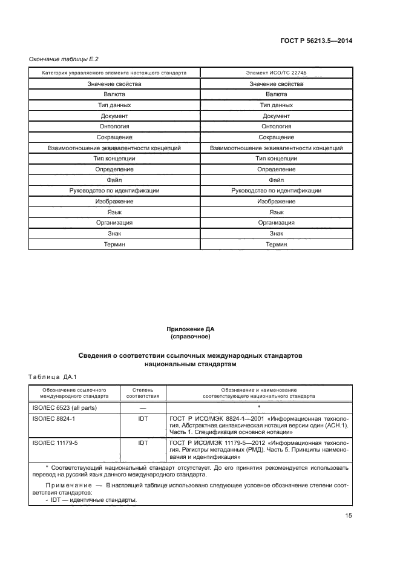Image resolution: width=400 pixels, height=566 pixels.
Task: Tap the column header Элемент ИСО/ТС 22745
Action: (276, 73)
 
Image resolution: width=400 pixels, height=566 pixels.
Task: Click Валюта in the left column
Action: (114, 94)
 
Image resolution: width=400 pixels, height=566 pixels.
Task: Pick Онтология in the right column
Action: (276, 127)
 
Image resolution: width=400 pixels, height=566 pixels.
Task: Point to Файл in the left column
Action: (114, 180)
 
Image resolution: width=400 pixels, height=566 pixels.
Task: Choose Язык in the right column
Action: (276, 212)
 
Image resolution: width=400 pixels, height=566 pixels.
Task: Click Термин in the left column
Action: (114, 245)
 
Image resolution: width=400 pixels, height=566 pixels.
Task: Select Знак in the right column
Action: (276, 234)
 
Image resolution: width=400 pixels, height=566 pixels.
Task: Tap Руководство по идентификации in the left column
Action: (114, 191)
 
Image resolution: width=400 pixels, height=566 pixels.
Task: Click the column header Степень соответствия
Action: (143, 393)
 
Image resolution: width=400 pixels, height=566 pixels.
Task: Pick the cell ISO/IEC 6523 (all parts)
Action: (65, 407)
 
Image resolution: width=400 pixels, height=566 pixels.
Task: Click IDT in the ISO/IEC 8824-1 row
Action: (143, 418)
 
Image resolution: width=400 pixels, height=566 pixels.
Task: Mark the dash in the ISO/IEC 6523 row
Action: (143, 407)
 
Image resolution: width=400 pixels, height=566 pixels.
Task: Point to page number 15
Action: (349, 516)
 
